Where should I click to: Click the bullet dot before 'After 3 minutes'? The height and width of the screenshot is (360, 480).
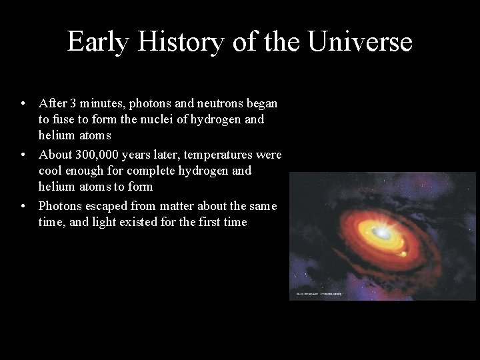coord(23,104)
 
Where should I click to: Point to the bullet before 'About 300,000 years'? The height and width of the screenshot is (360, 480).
coord(23,155)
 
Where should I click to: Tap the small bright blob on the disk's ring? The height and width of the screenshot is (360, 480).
coord(402,253)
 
